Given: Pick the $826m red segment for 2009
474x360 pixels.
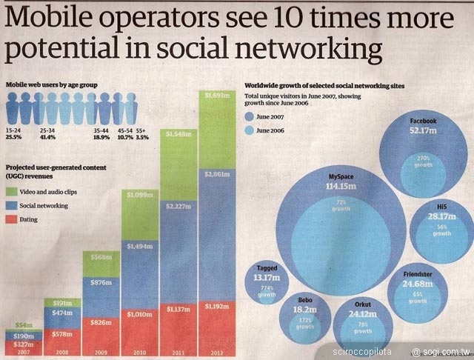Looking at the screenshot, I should [x=99, y=323].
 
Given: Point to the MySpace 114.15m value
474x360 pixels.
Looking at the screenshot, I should [x=342, y=186].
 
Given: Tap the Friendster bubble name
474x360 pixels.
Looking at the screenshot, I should [x=418, y=273].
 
